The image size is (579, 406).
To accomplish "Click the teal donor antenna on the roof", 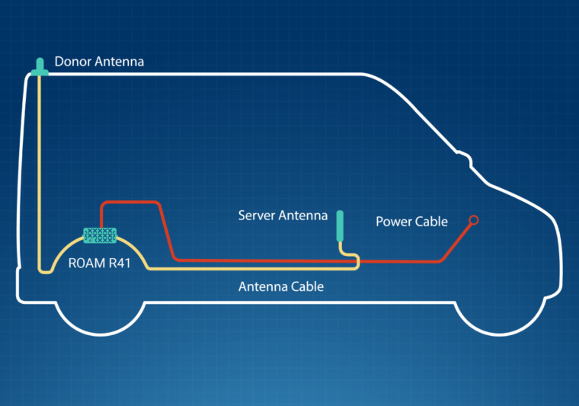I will pyautogui.click(x=39, y=68).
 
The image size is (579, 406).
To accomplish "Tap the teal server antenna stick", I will pyautogui.click(x=341, y=226).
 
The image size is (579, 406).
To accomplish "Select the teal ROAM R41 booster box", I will pyautogui.click(x=100, y=235).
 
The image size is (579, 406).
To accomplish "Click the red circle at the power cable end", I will pyautogui.click(x=473, y=220).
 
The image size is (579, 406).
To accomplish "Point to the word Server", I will pyautogui.click(x=258, y=216).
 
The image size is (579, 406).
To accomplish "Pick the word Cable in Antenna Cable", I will pyautogui.click(x=306, y=286).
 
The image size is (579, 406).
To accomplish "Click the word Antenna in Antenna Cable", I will pyautogui.click(x=261, y=286).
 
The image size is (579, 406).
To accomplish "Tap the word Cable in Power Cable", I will pyautogui.click(x=431, y=222).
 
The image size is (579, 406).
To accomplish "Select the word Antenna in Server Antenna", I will pyautogui.click(x=305, y=216).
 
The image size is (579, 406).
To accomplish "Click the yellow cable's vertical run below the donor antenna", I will pyautogui.click(x=38, y=168).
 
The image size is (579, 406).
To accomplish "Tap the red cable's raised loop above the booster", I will pyautogui.click(x=130, y=203).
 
